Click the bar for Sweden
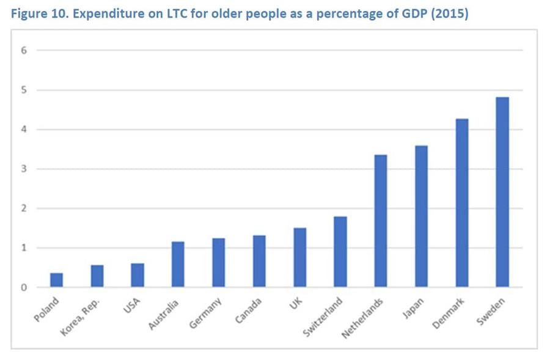click(502, 192)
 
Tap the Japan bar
click(421, 216)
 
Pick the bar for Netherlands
click(381, 221)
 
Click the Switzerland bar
click(340, 252)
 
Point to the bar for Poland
click(56, 280)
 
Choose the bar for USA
click(137, 275)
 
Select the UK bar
click(299, 257)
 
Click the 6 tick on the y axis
click(24, 51)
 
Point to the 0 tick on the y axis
click(24, 287)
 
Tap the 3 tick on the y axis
click(24, 169)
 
